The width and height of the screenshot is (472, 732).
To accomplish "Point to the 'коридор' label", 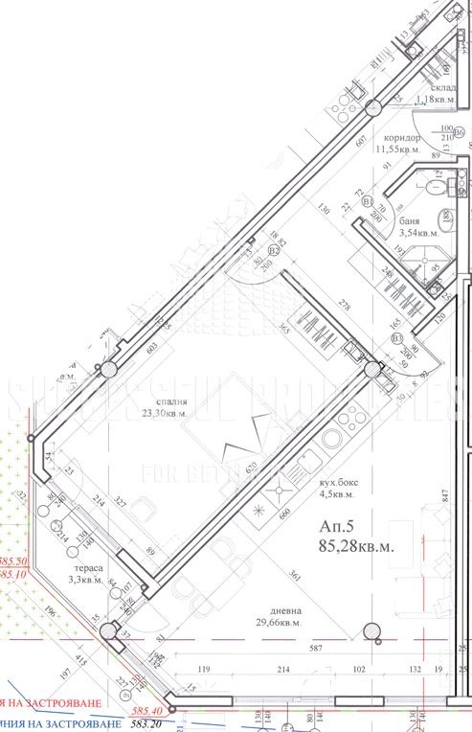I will (398, 137).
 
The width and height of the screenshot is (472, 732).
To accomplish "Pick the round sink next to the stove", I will (335, 438).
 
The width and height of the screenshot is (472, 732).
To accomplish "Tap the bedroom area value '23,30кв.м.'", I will (165, 414).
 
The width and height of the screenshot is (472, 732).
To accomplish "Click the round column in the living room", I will (370, 630).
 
